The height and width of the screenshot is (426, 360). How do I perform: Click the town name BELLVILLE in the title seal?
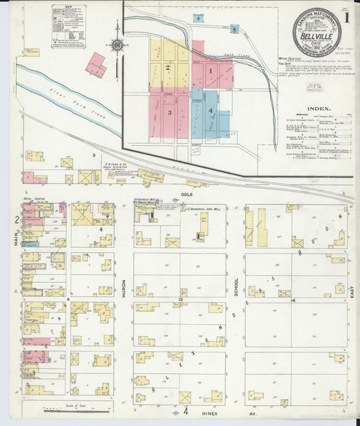click(x=316, y=38)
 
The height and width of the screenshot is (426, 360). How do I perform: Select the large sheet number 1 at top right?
click(x=346, y=19)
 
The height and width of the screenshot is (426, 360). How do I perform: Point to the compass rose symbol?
click(x=117, y=46)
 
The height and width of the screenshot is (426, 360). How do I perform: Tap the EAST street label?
click(x=353, y=291)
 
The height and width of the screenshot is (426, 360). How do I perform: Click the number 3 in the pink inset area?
click(x=170, y=112)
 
